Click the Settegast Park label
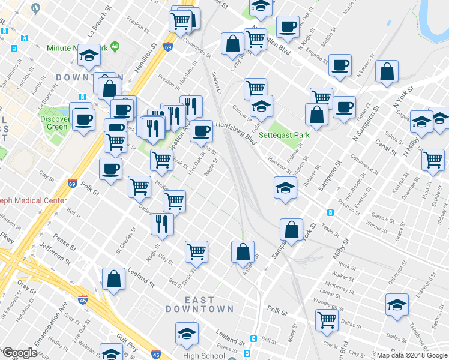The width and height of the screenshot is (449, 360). tap(284, 135)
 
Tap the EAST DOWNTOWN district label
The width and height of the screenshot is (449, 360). tap(200, 304)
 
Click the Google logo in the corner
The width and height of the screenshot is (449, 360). tap(19, 353)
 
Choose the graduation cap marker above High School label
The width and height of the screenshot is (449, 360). tap(187, 333)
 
